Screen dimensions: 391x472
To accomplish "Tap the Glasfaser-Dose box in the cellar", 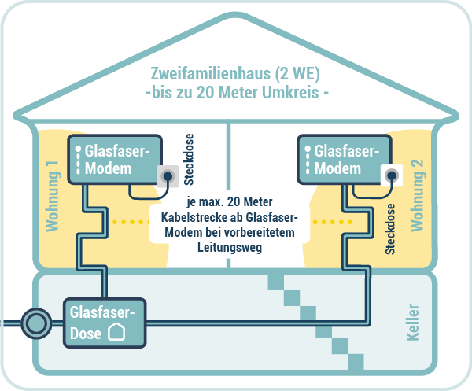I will click(106, 322).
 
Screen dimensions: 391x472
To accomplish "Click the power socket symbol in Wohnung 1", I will click(167, 175).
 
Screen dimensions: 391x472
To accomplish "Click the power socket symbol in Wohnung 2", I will click(389, 175).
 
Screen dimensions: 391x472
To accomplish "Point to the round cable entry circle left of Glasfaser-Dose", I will click(34, 322).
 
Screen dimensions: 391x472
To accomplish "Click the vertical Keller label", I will click(413, 323).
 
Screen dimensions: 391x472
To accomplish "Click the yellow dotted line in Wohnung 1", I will click(130, 222).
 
